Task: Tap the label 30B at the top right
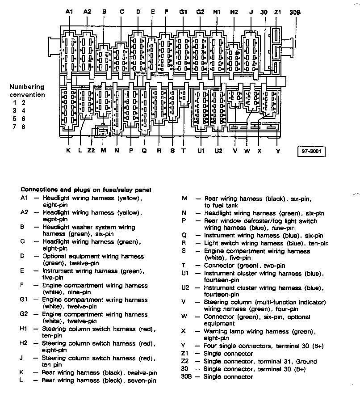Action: [x=295, y=12]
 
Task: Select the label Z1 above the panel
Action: [x=277, y=12]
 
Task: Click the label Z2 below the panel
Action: [x=91, y=151]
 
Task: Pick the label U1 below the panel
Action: [x=201, y=151]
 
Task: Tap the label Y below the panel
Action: [x=278, y=151]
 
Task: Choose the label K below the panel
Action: [x=68, y=151]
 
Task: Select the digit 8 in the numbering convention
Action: [x=23, y=127]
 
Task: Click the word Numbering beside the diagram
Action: [x=27, y=87]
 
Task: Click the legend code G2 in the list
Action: [x=25, y=315]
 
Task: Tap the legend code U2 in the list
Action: [x=186, y=288]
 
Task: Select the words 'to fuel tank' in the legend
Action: [x=221, y=205]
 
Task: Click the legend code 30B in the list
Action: [x=186, y=376]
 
